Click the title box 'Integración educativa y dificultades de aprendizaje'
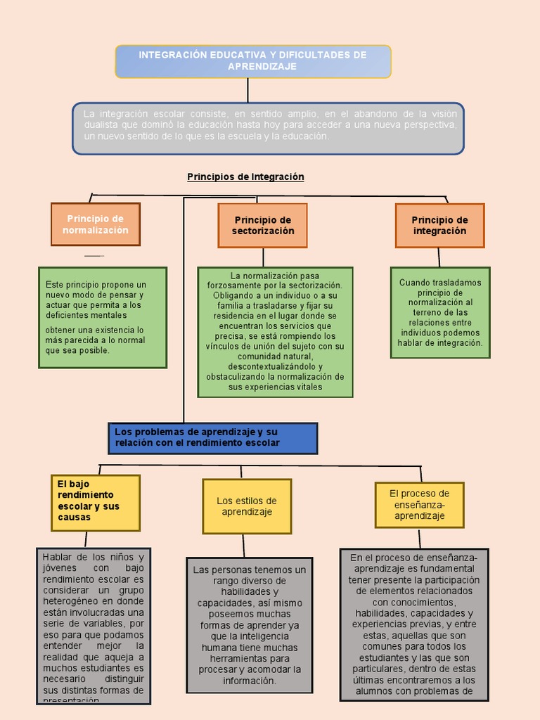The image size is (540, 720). point(253,61)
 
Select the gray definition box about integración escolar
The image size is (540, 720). point(268,128)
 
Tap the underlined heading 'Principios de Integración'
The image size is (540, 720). point(245,176)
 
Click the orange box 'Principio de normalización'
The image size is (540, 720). point(96,224)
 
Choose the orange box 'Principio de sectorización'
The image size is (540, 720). point(262,225)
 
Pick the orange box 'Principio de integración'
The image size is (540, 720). point(439,225)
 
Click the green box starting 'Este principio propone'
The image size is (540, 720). point(103,317)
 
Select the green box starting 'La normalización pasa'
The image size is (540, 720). point(275,332)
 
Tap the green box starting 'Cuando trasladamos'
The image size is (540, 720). point(440,312)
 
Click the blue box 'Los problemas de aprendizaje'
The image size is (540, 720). point(213,437)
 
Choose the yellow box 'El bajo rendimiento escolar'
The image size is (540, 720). point(96,503)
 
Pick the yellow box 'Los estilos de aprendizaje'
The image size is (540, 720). point(247,506)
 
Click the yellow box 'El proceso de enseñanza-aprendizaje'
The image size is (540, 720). point(420,504)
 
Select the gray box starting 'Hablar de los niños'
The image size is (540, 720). point(94,626)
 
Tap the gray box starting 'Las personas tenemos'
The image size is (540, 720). point(250,625)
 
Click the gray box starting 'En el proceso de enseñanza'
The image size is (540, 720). point(414,625)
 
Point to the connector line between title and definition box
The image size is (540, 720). point(247,90)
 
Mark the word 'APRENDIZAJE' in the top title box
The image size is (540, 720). point(262,66)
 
